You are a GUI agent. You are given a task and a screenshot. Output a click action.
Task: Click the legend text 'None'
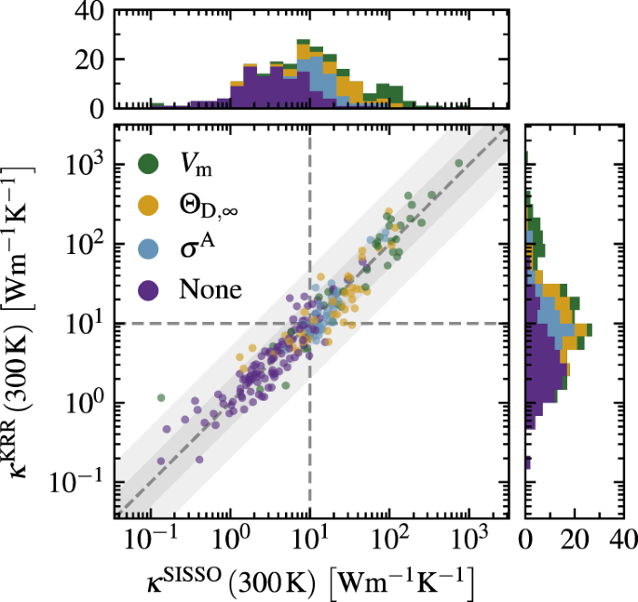209,290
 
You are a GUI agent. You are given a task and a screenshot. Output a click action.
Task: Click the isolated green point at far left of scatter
161,397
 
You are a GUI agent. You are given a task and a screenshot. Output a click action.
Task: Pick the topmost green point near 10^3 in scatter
458,164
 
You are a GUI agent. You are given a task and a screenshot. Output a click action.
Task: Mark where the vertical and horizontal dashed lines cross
309,323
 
